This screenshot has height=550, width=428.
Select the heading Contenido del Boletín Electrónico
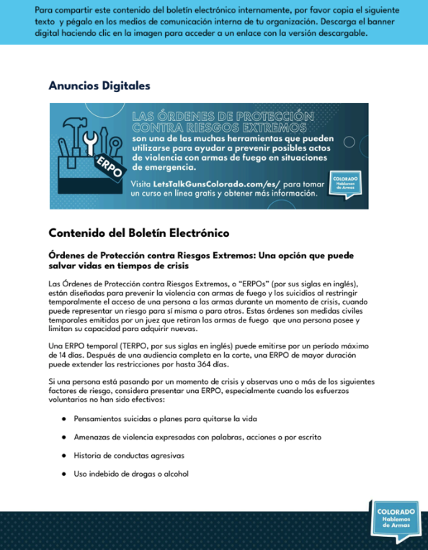[x=138, y=233]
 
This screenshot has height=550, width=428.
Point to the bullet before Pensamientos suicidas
[x=64, y=418]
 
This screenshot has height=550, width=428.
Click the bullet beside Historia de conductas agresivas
[x=64, y=456]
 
